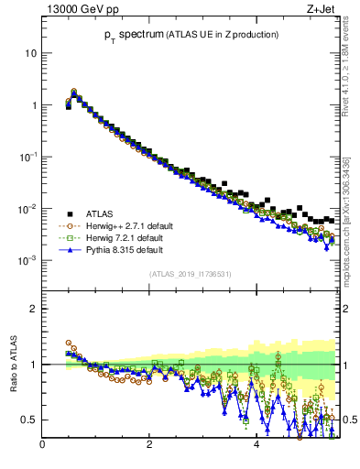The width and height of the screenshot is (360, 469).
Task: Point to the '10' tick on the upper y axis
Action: pyautogui.click(x=30, y=53)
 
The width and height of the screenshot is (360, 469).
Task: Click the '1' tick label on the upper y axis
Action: pyautogui.click(x=33, y=105)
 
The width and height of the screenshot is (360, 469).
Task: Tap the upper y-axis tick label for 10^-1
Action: pyautogui.click(x=28, y=157)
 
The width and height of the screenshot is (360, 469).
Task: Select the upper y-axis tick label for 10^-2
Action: pyautogui.click(x=28, y=209)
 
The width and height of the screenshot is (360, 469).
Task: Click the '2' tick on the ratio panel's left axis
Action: pyautogui.click(x=33, y=309)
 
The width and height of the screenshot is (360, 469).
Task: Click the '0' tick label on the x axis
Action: pyautogui.click(x=42, y=446)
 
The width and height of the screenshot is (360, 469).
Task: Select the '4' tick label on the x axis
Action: pyautogui.click(x=256, y=446)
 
